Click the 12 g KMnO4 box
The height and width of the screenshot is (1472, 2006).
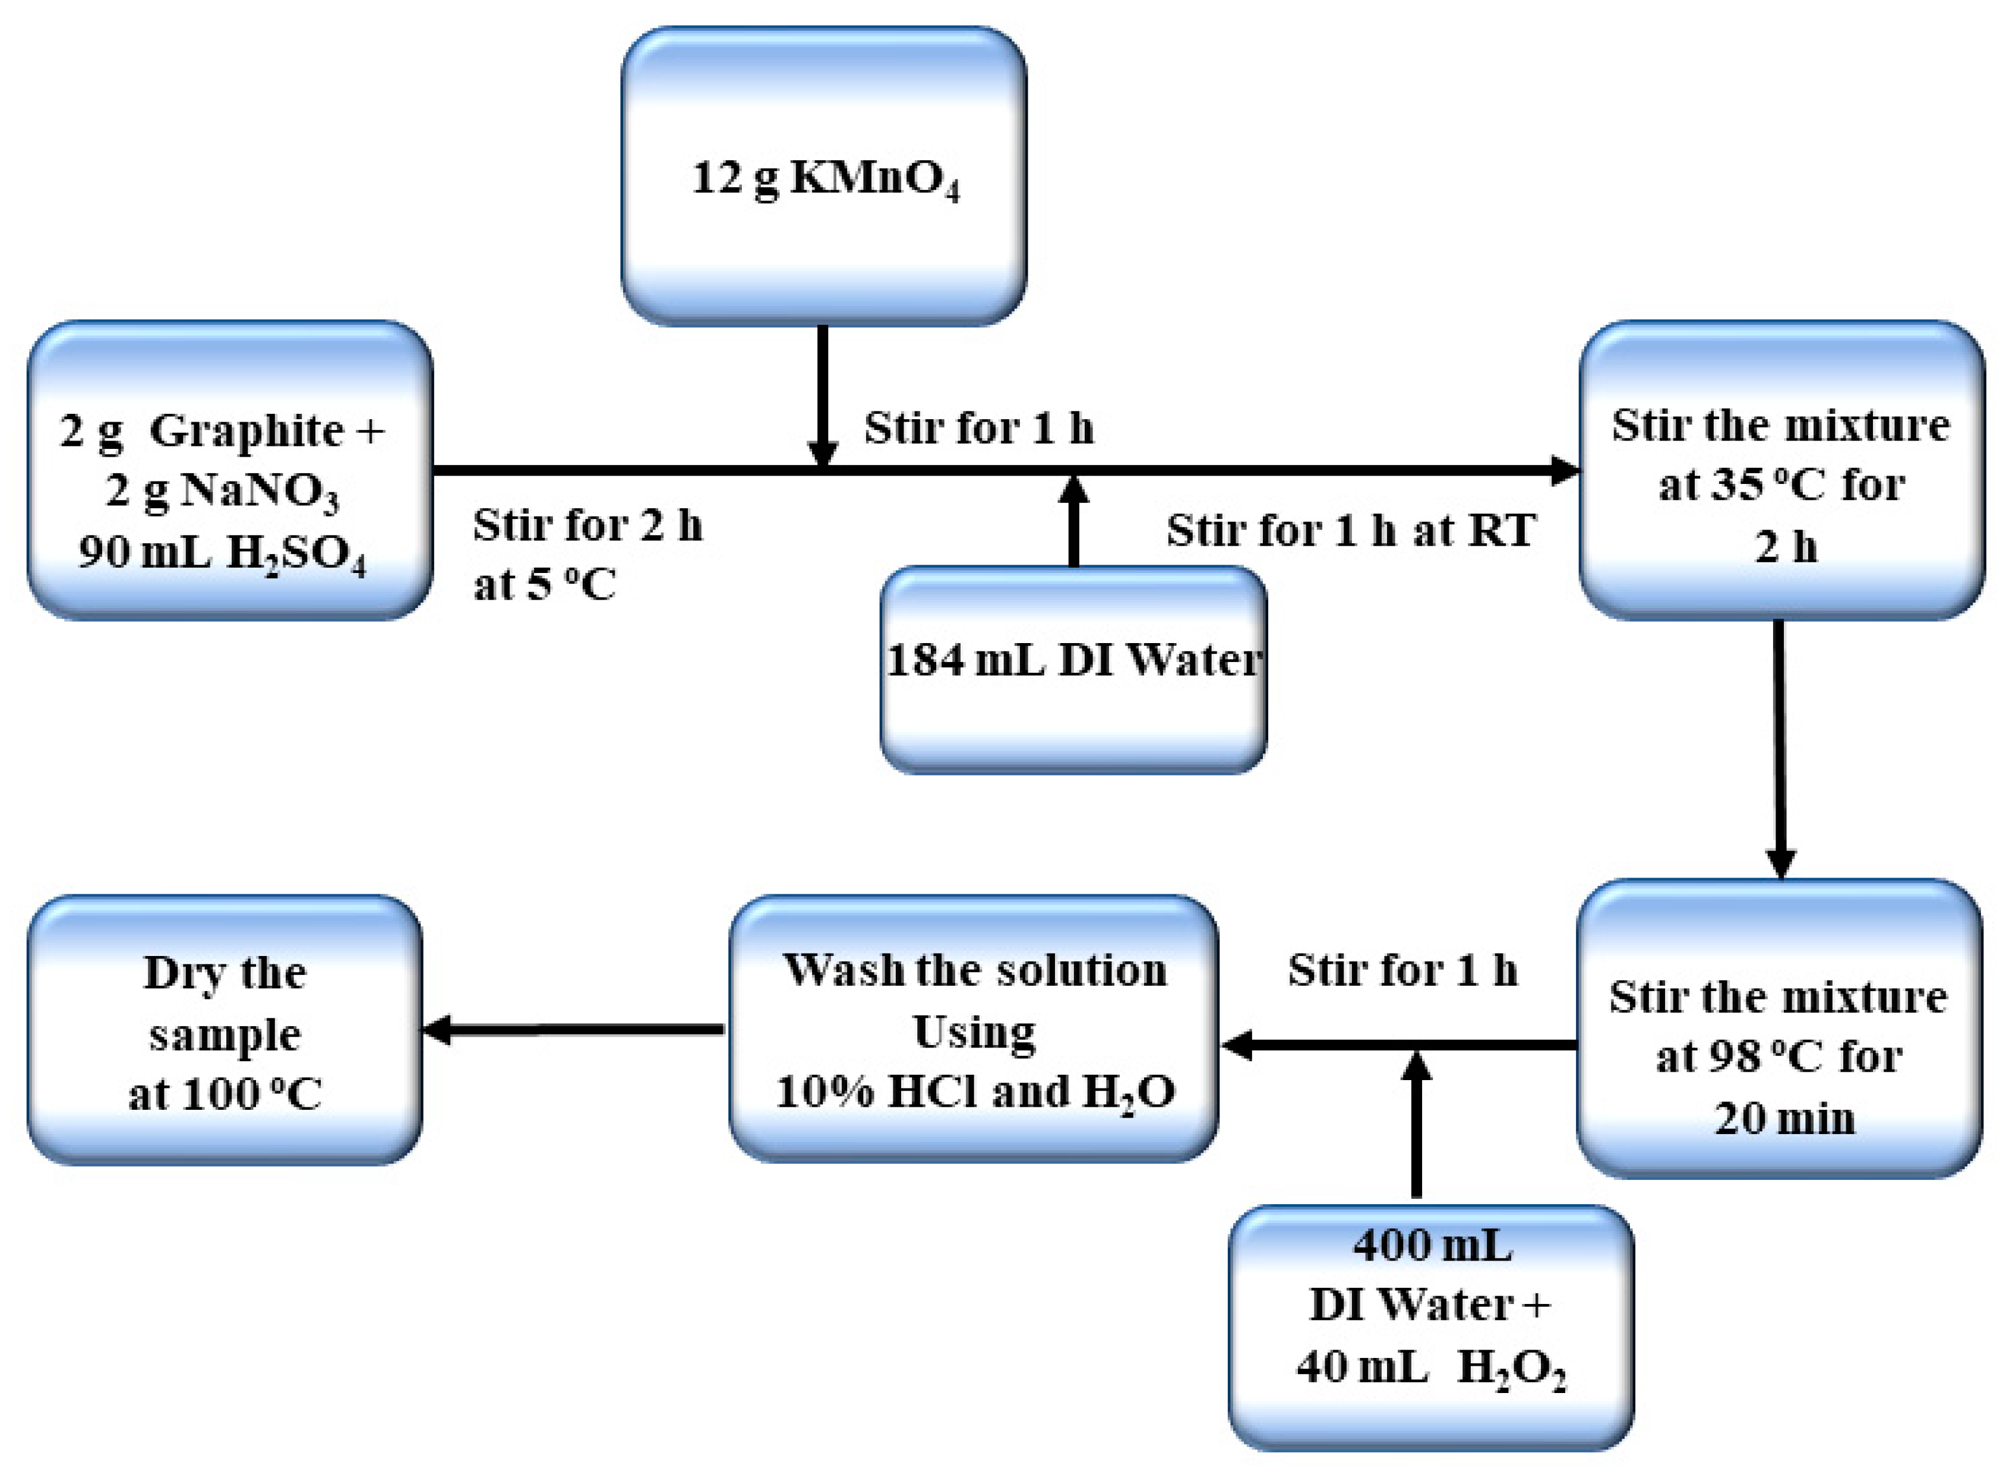pos(823,176)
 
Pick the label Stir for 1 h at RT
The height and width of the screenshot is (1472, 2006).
pos(1350,531)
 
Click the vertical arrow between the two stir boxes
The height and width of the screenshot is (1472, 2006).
pos(1780,749)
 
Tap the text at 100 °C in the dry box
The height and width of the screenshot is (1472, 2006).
pos(225,1095)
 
